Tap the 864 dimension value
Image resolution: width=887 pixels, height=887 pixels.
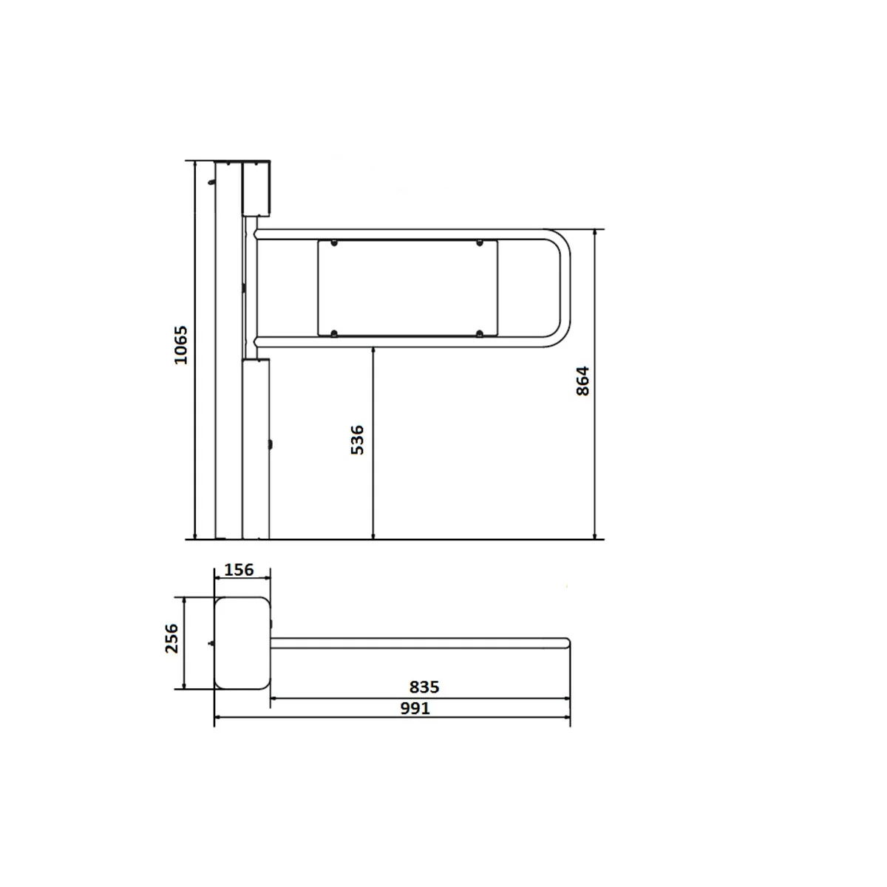582,381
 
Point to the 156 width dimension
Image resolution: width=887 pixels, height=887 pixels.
239,570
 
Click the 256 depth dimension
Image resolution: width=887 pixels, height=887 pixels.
171,638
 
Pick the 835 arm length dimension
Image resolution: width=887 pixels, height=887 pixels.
424,687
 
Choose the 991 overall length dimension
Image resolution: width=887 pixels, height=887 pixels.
415,708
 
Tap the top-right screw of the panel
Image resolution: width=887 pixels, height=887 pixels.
480,243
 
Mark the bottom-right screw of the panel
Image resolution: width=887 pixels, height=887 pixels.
480,334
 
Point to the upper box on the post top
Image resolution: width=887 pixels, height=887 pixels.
256,188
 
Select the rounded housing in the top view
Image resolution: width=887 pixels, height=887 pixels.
242,643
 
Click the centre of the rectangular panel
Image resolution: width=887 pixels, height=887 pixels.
407,288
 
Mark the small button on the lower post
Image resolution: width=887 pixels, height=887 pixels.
271,444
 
